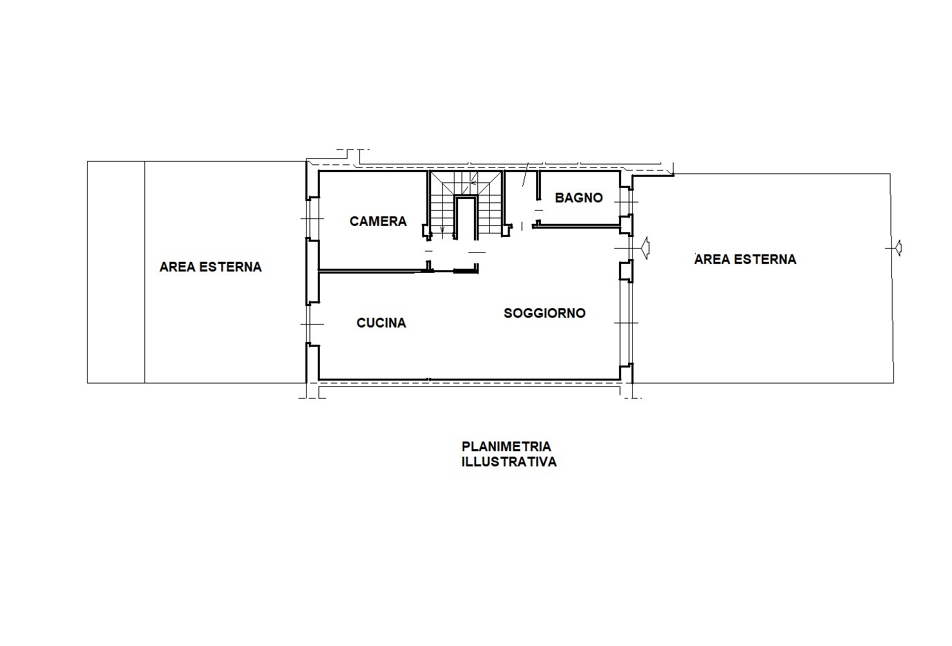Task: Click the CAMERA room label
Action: [378, 221]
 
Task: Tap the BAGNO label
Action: [579, 198]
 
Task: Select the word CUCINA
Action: [381, 323]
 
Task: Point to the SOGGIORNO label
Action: [544, 313]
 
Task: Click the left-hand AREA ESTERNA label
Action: [211, 267]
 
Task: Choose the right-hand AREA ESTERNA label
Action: [745, 259]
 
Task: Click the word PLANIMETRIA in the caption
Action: [506, 446]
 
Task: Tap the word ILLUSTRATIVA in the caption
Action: [508, 462]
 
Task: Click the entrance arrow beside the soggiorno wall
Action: [645, 248]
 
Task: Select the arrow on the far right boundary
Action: [898, 248]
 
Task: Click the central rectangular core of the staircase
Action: [465, 218]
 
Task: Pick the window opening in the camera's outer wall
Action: [312, 218]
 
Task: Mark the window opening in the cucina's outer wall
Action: [312, 324]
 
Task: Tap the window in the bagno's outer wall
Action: [626, 201]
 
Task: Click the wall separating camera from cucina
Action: [397, 270]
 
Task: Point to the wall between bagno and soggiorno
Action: [577, 227]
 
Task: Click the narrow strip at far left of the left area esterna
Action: [116, 272]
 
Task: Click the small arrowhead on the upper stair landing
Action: [472, 184]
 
